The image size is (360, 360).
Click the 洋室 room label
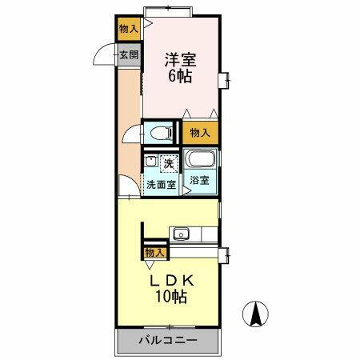pyautogui.click(x=181, y=60)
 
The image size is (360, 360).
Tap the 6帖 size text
pyautogui.click(x=181, y=78)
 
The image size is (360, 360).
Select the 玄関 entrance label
pyautogui.click(x=129, y=56)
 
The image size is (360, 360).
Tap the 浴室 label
pyautogui.click(x=199, y=181)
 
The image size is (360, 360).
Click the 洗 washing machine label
pyautogui.click(x=169, y=163)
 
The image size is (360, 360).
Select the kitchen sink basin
pyautogui.click(x=182, y=234)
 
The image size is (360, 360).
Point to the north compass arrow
pyautogui.click(x=256, y=314)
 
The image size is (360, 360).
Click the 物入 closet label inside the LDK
pyautogui.click(x=154, y=253)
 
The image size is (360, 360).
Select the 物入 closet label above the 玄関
pyautogui.click(x=128, y=28)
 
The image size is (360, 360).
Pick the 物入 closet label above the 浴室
pyautogui.click(x=199, y=132)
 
